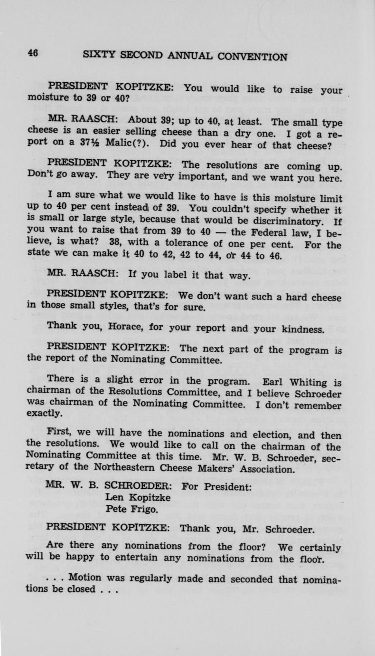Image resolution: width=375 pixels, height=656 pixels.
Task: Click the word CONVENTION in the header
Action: pos(252,57)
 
